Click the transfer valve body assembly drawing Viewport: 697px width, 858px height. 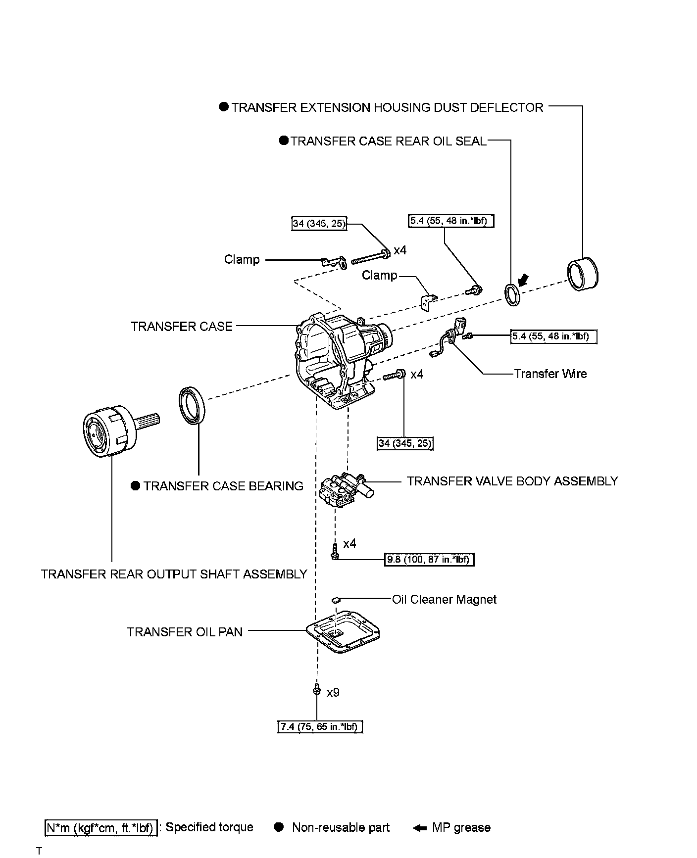[x=344, y=490]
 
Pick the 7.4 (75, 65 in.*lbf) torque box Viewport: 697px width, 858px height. [x=320, y=727]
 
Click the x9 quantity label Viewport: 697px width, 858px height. [x=333, y=692]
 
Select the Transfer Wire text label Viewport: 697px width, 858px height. [x=550, y=374]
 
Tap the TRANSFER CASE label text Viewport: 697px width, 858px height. [x=182, y=327]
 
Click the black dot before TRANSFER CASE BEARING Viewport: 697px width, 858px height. [x=136, y=486]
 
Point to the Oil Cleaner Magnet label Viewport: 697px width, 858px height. [x=444, y=600]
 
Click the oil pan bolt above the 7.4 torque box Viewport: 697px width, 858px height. [x=315, y=689]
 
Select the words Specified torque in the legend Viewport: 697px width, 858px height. [x=209, y=827]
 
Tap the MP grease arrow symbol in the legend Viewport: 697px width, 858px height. [x=420, y=828]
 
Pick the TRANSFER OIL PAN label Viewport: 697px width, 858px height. [x=185, y=632]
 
